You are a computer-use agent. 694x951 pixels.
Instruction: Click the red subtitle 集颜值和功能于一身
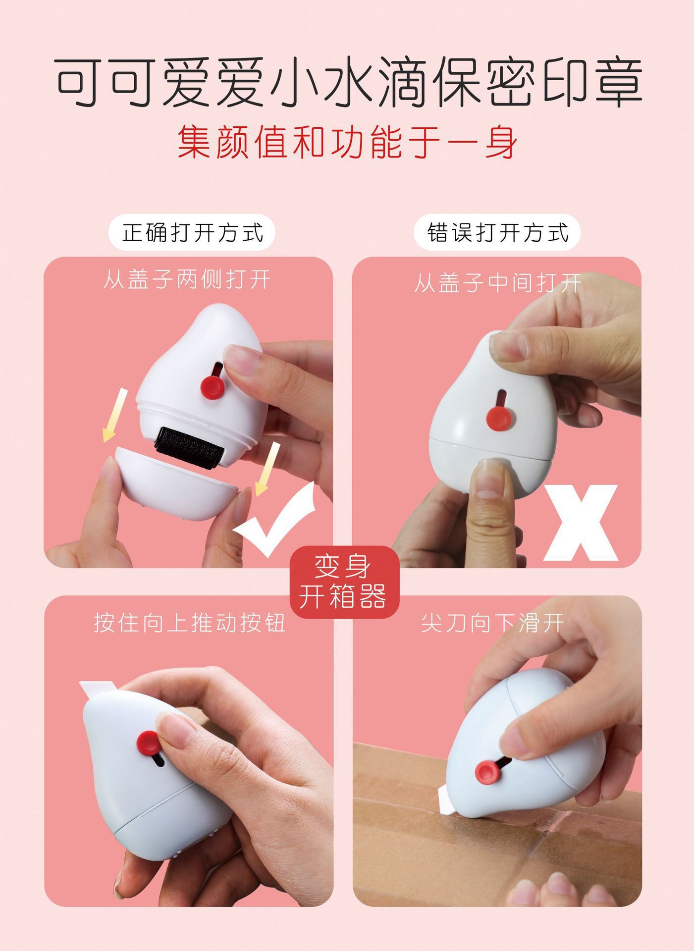347,142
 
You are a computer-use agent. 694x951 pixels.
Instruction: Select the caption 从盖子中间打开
497,283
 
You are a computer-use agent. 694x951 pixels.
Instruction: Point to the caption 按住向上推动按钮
190,623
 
